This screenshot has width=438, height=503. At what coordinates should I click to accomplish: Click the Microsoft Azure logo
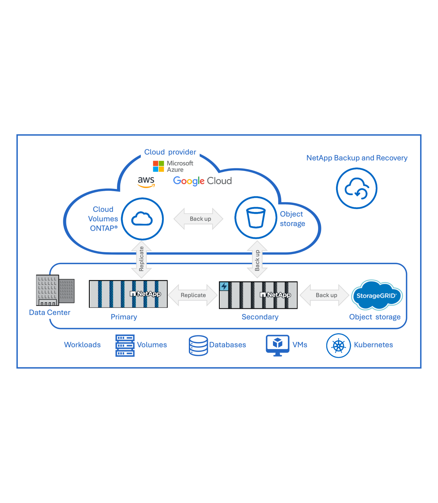click(x=173, y=166)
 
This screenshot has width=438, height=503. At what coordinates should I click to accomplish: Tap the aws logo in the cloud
click(x=146, y=181)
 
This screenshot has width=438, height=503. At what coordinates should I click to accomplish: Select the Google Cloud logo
click(x=202, y=181)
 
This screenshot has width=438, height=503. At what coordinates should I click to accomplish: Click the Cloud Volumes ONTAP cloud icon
click(x=142, y=219)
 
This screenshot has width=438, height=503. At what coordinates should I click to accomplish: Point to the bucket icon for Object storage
click(x=256, y=218)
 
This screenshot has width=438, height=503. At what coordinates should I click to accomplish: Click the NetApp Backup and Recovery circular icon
click(x=356, y=189)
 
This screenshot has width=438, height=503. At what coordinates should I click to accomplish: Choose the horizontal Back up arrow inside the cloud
click(x=199, y=219)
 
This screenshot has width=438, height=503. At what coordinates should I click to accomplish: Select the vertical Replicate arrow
click(x=142, y=259)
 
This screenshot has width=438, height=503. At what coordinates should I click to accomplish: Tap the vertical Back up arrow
click(x=257, y=260)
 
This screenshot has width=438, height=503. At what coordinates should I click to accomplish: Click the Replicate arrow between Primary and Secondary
click(x=193, y=295)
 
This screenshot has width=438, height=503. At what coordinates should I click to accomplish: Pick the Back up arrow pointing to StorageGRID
click(x=324, y=295)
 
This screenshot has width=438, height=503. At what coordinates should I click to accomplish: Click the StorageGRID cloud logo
click(x=377, y=295)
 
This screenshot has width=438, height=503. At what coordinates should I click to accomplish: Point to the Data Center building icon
click(x=55, y=290)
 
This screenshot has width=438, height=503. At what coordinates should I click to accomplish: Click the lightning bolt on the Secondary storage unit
click(x=224, y=287)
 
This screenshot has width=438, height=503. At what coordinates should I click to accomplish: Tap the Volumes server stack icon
click(x=125, y=345)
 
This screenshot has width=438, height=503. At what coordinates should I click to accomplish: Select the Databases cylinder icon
click(x=198, y=345)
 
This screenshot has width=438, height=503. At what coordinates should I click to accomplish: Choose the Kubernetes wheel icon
click(x=338, y=346)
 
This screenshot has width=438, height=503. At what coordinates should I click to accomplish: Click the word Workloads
click(x=82, y=345)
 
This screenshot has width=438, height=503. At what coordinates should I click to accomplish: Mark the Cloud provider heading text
click(x=170, y=152)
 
